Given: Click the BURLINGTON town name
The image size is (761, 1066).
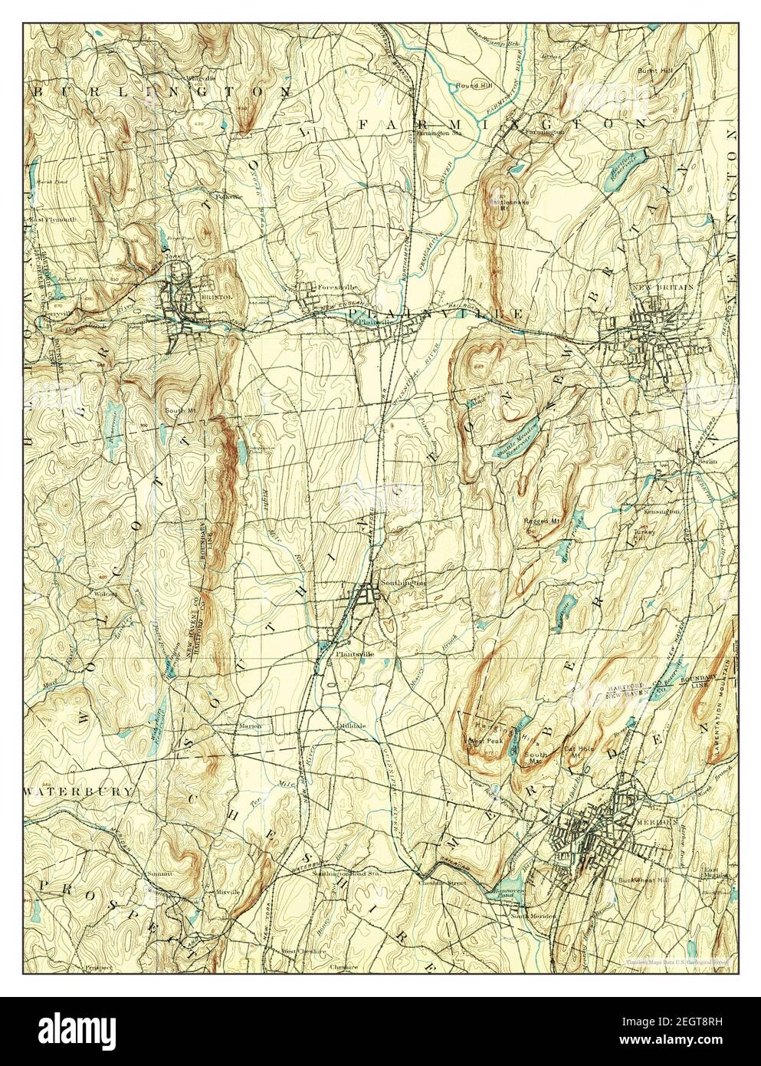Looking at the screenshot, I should click(162, 90).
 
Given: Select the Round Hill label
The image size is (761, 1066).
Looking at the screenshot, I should click(474, 85).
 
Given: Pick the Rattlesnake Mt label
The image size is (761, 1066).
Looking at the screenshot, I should click(504, 202).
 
